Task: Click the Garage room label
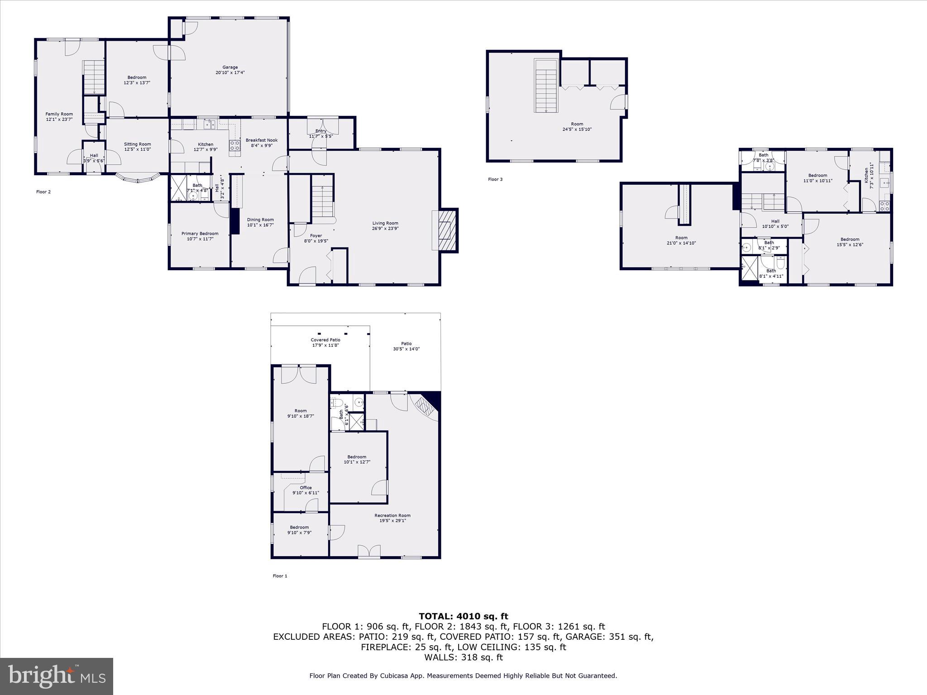(230, 67)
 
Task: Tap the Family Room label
(59, 114)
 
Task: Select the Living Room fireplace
(445, 230)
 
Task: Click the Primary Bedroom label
(200, 234)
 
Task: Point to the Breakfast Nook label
(261, 140)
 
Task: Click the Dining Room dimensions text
(260, 225)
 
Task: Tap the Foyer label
(316, 236)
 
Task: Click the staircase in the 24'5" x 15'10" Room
(546, 86)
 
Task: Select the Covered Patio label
(325, 340)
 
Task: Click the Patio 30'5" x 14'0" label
(406, 344)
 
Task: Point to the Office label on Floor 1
(306, 488)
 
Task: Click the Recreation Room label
(392, 515)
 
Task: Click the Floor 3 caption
(495, 180)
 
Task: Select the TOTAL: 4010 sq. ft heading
(463, 616)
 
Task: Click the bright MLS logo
(56, 676)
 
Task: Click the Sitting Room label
(137, 144)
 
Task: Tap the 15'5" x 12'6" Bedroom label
(850, 239)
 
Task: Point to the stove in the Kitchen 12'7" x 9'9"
(235, 145)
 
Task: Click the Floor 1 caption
(280, 576)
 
